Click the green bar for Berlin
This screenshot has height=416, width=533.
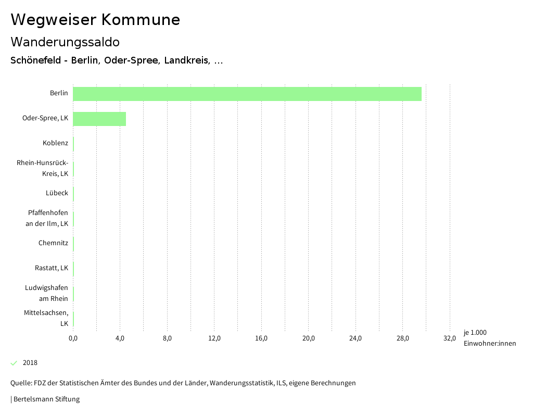(x=247, y=94)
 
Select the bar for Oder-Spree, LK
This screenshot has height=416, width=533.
(x=99, y=119)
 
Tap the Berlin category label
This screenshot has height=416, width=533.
(x=59, y=93)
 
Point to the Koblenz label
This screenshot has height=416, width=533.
(x=55, y=143)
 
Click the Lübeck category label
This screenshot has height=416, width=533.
(x=57, y=193)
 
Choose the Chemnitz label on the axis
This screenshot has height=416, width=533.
(x=53, y=243)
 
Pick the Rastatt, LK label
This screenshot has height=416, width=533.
(x=52, y=268)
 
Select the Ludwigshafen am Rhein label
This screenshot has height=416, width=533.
(x=46, y=293)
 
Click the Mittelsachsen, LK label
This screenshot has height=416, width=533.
(x=46, y=318)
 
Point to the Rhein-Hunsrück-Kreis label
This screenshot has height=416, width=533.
(x=43, y=168)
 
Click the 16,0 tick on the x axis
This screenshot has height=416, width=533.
(x=261, y=338)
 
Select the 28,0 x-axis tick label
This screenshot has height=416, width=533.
(x=403, y=338)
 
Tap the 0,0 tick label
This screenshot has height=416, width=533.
(x=73, y=338)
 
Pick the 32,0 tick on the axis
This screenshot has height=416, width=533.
(x=450, y=338)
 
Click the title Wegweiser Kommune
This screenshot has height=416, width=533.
(x=95, y=20)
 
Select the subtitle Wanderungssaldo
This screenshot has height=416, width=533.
(x=65, y=42)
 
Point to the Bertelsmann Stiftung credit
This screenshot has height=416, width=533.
(x=46, y=399)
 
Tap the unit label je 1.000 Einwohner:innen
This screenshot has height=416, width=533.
(x=489, y=338)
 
